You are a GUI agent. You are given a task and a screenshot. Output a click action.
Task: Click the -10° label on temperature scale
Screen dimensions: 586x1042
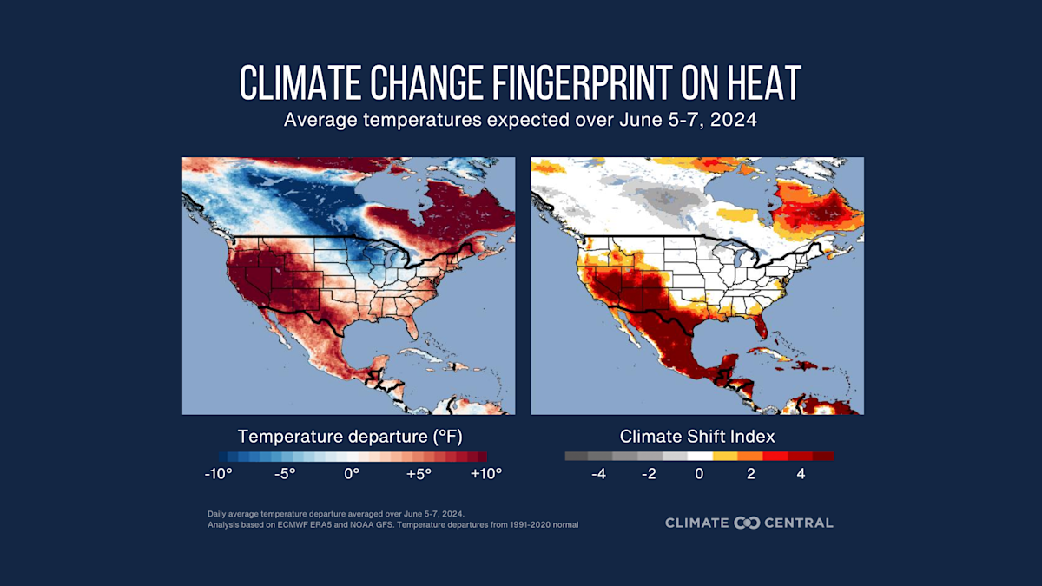[x=217, y=474]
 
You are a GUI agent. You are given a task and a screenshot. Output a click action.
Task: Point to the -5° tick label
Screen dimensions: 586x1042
[x=285, y=474]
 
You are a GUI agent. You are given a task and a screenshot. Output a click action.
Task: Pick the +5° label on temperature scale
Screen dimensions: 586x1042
[x=419, y=474]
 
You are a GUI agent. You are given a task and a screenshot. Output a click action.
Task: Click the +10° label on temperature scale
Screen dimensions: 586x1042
[x=486, y=474]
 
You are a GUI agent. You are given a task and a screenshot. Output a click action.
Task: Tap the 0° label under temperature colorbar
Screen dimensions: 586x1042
[x=352, y=474]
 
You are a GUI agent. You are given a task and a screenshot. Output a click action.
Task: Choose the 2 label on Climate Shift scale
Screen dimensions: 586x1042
[x=750, y=474]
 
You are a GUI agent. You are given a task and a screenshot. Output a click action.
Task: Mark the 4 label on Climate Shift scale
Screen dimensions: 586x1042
[x=801, y=474]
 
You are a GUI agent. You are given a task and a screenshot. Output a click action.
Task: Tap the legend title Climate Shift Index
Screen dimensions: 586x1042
[x=697, y=436]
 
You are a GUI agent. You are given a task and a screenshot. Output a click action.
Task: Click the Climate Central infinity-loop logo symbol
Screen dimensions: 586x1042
[x=747, y=523]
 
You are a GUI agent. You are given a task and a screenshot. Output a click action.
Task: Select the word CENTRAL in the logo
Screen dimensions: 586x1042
[x=799, y=523]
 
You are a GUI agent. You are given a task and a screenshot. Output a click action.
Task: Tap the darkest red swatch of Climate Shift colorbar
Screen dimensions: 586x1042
[x=823, y=456]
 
